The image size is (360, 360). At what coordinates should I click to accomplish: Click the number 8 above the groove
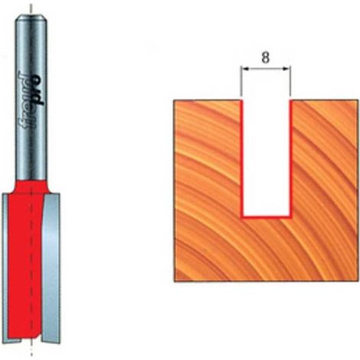pos(266,58)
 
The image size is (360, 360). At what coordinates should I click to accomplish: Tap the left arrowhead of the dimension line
pos(245,68)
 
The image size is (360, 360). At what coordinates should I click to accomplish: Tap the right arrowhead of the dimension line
pos(286,68)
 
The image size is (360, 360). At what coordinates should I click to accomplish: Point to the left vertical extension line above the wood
pos(241,81)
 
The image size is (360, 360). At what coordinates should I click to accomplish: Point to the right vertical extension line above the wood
pos(290,81)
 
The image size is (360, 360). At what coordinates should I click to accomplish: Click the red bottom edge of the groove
pos(266,218)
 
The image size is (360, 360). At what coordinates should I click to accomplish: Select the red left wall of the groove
pos(241,159)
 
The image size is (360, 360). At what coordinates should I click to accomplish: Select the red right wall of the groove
pos(290,159)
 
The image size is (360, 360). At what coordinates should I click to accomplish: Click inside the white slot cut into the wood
pos(266,159)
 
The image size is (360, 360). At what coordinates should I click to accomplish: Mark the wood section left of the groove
pos(208,190)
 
